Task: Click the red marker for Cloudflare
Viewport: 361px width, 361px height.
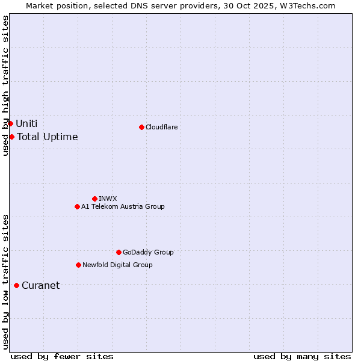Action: coord(141,127)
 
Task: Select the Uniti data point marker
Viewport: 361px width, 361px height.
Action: coord(10,123)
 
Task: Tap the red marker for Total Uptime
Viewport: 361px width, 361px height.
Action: coord(11,137)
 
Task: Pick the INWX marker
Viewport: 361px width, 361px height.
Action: coord(94,199)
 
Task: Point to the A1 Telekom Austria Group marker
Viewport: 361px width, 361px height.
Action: coord(77,206)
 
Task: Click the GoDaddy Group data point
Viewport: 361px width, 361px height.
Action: coord(119,252)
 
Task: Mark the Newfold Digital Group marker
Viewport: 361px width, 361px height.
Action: coord(78,265)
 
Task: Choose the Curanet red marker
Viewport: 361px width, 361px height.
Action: coord(16,285)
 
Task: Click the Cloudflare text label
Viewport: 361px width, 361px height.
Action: coord(162,127)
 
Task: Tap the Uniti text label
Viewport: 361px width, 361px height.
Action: coord(26,123)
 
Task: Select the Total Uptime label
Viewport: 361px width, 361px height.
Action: coord(48,137)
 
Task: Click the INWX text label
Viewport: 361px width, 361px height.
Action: coord(108,199)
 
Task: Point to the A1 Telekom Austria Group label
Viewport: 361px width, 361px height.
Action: coord(123,206)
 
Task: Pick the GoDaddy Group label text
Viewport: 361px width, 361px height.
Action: coord(148,252)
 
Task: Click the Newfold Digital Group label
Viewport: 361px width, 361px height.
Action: coord(117,265)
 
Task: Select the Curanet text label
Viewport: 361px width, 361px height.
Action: coord(40,285)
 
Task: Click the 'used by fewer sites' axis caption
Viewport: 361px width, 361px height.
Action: coord(62,356)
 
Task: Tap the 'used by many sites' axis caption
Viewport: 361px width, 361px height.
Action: coord(302,356)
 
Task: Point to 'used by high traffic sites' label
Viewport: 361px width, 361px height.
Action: coord(5,85)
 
